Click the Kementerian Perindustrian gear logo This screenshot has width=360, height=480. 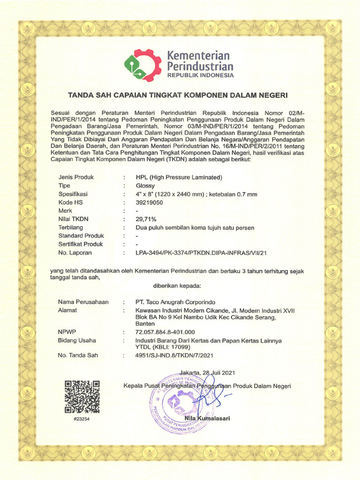[142, 65]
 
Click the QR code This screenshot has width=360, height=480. [82, 397]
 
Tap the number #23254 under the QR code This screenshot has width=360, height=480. [82, 419]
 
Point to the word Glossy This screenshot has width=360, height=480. [145, 186]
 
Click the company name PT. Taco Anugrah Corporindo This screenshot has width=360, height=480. [176, 302]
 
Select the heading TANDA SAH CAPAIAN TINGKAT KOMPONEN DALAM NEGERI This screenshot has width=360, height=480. [178, 95]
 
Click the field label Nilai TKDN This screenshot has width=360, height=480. [74, 219]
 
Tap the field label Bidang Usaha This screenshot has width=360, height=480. [77, 340]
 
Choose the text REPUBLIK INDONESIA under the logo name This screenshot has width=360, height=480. [200, 75]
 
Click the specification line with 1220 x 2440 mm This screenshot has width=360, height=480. [196, 194]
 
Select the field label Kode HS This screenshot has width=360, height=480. [71, 202]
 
